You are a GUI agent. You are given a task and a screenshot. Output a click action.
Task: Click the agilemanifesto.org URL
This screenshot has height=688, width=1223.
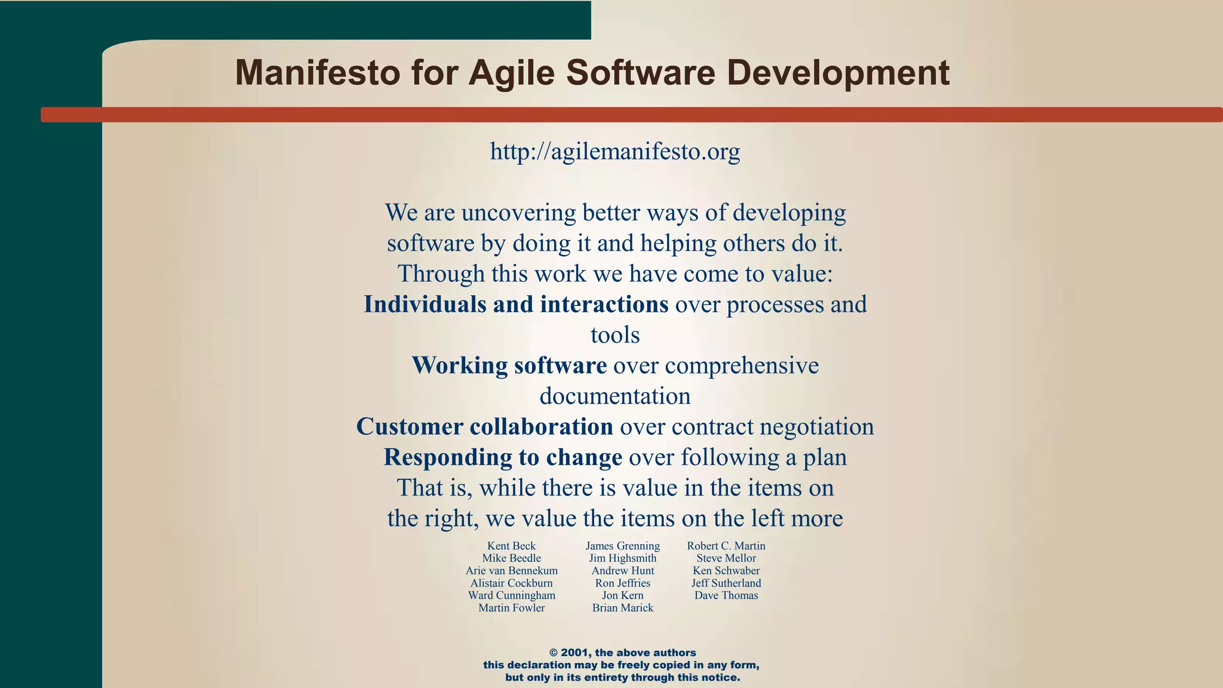(615, 152)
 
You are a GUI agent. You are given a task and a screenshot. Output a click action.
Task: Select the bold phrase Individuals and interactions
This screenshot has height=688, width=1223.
(516, 305)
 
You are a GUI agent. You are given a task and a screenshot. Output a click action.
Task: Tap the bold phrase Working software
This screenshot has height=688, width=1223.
(509, 365)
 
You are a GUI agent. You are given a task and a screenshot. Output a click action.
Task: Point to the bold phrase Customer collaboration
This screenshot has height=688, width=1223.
(484, 427)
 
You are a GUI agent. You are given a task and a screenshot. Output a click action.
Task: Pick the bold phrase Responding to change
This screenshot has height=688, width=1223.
(503, 457)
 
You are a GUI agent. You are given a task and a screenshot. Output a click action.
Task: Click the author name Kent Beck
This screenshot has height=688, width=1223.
(511, 546)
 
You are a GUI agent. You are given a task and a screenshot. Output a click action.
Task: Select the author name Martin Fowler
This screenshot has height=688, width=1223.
(511, 608)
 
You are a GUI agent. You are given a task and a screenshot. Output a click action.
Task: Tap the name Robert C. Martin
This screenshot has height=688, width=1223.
(726, 546)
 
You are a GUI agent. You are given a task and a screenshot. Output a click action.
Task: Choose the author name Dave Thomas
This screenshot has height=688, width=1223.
(726, 595)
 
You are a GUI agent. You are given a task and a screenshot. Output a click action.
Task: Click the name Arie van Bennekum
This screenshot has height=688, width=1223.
(511, 571)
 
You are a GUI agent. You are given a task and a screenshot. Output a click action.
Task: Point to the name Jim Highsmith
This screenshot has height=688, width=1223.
(622, 558)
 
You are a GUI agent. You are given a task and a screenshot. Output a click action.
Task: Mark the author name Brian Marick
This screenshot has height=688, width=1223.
(622, 608)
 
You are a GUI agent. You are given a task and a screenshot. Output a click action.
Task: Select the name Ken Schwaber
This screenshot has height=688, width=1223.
(726, 571)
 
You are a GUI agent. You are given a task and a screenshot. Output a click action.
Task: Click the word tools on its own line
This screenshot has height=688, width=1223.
(615, 336)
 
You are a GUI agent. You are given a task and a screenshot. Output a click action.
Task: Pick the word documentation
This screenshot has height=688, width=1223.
(615, 397)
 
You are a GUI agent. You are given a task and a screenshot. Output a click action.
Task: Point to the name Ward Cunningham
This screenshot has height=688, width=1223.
(511, 595)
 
